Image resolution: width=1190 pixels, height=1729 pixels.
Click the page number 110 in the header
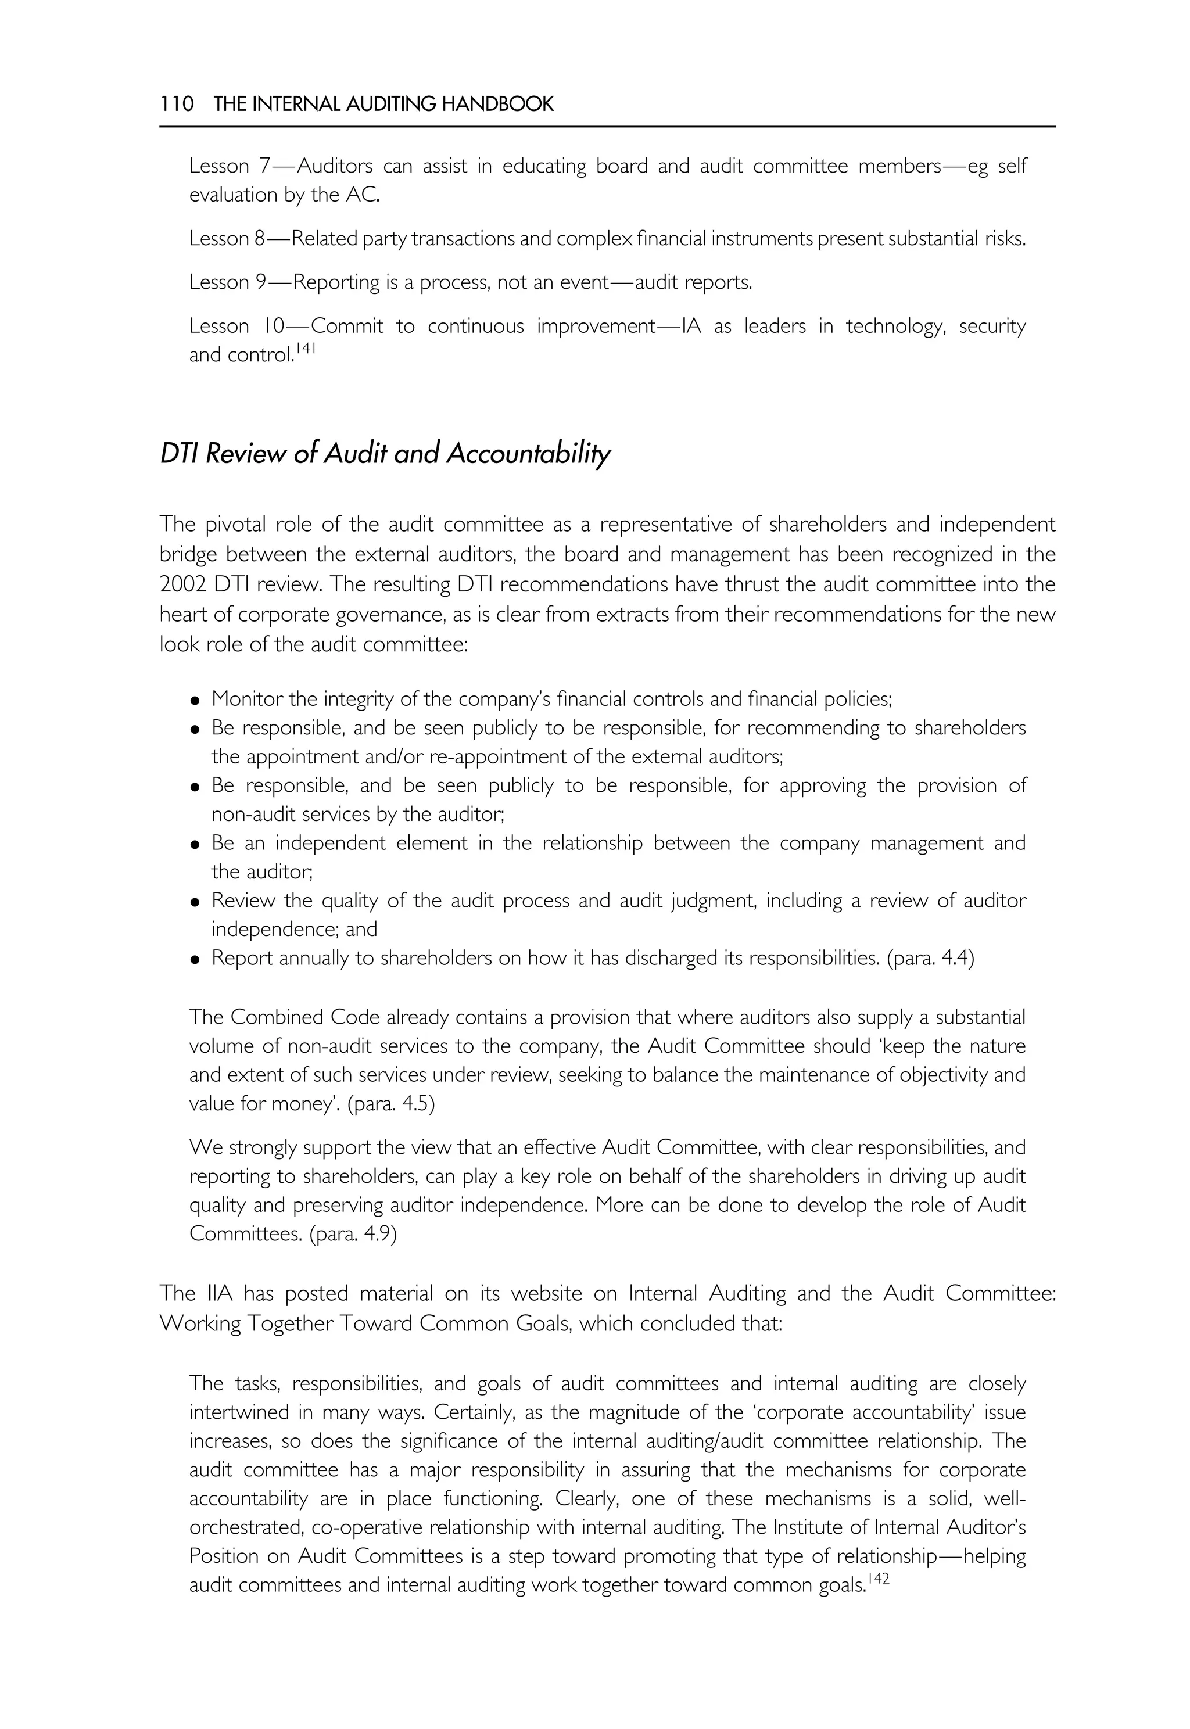tap(177, 103)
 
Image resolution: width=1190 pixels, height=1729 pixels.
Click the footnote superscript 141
tap(306, 348)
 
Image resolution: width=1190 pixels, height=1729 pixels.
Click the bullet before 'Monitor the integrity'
tap(195, 701)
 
